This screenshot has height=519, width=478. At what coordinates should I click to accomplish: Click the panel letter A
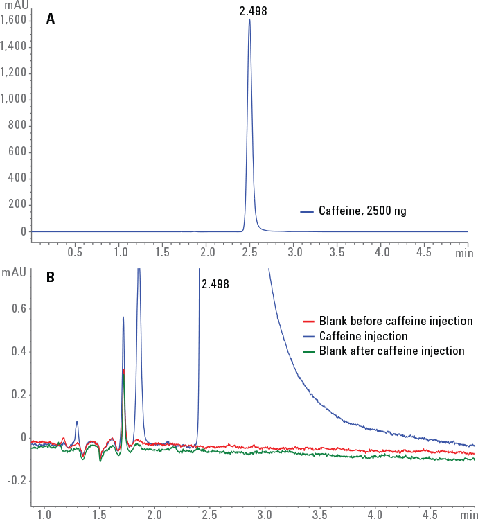pyautogui.click(x=51, y=19)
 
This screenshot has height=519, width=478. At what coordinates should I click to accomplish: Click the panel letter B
pyautogui.click(x=51, y=277)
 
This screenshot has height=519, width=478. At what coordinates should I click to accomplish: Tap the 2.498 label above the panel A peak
pyautogui.click(x=253, y=10)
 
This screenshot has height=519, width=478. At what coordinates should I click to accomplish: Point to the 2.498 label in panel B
pyautogui.click(x=215, y=284)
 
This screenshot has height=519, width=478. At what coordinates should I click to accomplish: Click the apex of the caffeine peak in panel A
pyautogui.click(x=249, y=19)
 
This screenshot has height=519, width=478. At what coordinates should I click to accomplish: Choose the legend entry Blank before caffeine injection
pyautogui.click(x=396, y=322)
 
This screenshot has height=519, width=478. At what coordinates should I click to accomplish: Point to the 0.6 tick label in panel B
pyautogui.click(x=19, y=309)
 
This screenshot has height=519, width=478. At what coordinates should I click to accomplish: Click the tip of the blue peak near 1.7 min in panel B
pyautogui.click(x=123, y=317)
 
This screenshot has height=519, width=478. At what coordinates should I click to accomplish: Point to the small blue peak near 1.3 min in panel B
pyautogui.click(x=77, y=421)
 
